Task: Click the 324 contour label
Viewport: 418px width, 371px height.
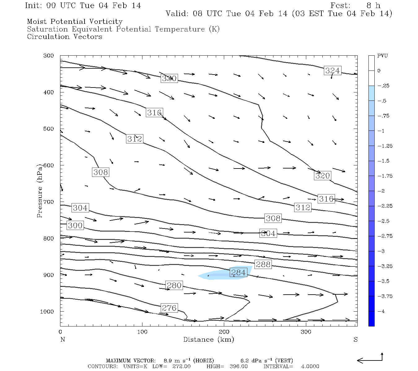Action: pyautogui.click(x=332, y=70)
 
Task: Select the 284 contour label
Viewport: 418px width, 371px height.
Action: pyautogui.click(x=238, y=272)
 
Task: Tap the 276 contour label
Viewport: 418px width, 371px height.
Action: pyautogui.click(x=169, y=308)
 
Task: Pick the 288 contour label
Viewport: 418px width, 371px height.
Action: pyautogui.click(x=263, y=264)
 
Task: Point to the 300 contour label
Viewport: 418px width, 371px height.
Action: pyautogui.click(x=75, y=225)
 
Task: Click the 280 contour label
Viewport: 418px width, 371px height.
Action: pyautogui.click(x=174, y=285)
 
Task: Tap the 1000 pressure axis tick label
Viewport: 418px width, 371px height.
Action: pyautogui.click(x=47, y=312)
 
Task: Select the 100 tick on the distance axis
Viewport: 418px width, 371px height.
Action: pyautogui.click(x=142, y=332)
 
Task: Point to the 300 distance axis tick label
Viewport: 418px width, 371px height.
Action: pyautogui.click(x=306, y=332)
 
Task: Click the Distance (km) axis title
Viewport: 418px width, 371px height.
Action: pyautogui.click(x=208, y=339)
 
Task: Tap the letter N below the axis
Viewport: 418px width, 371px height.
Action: pyautogui.click(x=63, y=339)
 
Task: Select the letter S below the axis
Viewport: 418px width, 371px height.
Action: pyautogui.click(x=355, y=339)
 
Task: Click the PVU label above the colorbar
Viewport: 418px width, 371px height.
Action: pyautogui.click(x=382, y=56)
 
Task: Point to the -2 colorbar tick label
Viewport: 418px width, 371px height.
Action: pyautogui.click(x=381, y=191)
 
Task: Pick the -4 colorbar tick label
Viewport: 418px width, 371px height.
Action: pyautogui.click(x=381, y=311)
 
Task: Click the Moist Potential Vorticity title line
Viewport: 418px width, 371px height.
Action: pyautogui.click(x=75, y=22)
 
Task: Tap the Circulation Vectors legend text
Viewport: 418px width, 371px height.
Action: pyautogui.click(x=64, y=37)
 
